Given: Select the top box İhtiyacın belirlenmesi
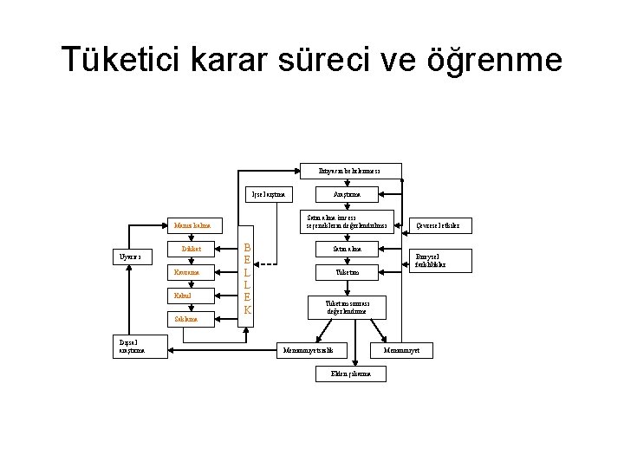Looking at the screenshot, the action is pos(349,170).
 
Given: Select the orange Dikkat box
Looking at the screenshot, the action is pos(192,250).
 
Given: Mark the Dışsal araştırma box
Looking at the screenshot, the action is pos(132,346).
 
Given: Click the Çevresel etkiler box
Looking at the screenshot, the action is pos(439,225).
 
